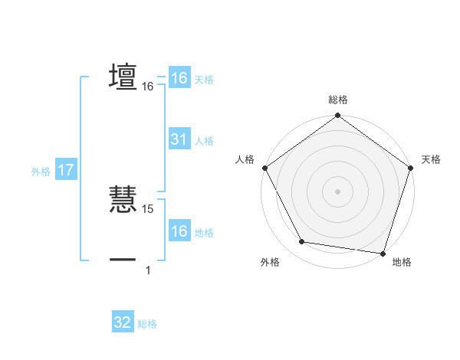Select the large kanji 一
[x=123, y=259]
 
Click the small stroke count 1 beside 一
[x=148, y=270]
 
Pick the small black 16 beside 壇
[x=148, y=87]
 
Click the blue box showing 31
[x=179, y=139]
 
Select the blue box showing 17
[x=65, y=170]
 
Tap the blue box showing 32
[x=122, y=322]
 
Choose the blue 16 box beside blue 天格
[x=179, y=78]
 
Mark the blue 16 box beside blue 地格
[x=179, y=232]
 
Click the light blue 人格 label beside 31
[x=204, y=141]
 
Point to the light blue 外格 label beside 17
[x=41, y=172]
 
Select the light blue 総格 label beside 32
[x=147, y=324]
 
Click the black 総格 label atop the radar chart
[x=337, y=100]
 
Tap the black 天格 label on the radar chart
[x=432, y=159]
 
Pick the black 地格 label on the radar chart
[x=402, y=262]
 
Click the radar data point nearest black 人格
[x=264, y=167]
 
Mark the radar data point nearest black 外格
[x=302, y=242]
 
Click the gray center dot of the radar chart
[x=337, y=191]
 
